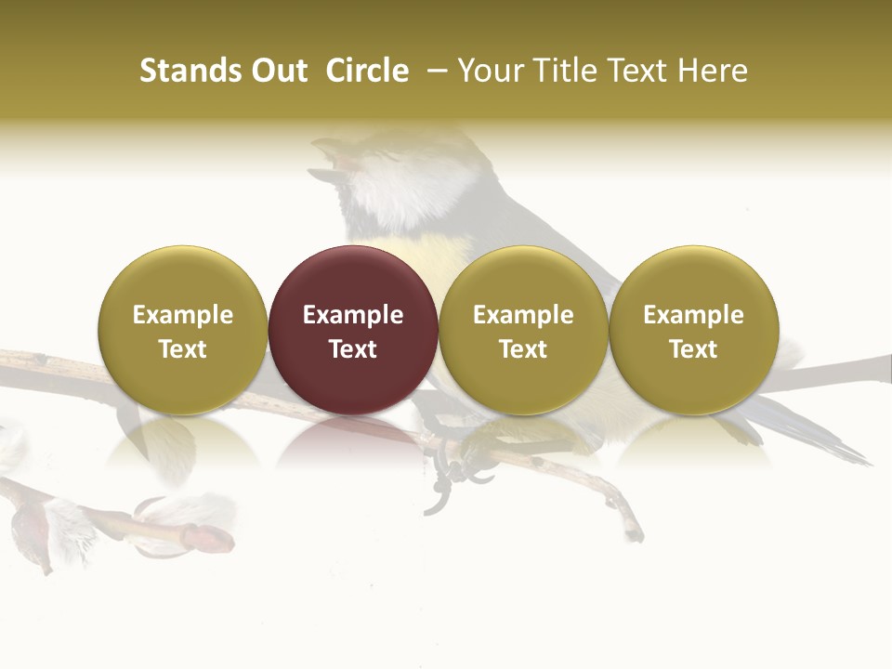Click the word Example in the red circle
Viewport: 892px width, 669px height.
click(x=353, y=315)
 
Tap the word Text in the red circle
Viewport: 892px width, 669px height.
click(x=353, y=349)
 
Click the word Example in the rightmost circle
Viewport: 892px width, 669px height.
click(x=693, y=315)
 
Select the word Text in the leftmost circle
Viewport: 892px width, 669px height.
click(x=183, y=349)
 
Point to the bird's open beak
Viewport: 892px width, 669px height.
click(x=330, y=158)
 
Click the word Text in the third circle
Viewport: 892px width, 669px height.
click(x=523, y=349)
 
